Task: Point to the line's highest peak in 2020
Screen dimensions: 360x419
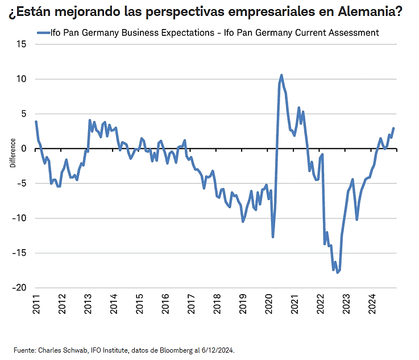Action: [281, 75]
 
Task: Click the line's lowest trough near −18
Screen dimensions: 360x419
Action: [338, 272]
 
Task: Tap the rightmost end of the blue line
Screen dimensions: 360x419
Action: [393, 129]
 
